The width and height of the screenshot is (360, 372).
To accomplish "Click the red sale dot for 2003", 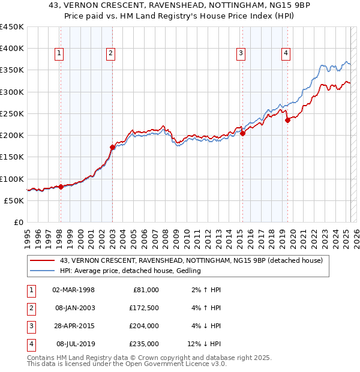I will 112,147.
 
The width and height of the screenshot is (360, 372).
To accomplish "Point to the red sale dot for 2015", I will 242,133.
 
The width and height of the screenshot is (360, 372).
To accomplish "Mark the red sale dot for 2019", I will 287,120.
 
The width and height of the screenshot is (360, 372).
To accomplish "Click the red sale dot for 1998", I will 61,187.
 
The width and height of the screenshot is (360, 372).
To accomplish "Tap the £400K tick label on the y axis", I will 12,49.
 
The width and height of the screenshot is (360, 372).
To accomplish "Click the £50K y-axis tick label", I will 14,200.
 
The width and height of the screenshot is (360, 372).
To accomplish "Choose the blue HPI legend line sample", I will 43,271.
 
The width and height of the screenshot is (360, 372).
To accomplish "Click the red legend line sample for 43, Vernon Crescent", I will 43,260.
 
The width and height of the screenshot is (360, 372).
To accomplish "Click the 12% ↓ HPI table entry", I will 204,344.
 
